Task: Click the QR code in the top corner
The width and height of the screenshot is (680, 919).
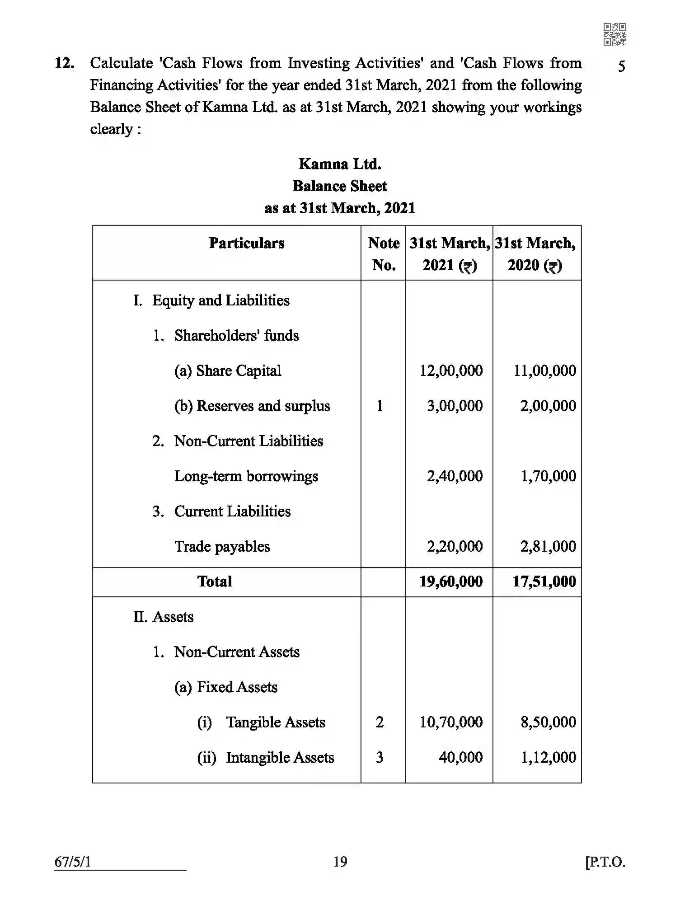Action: pyautogui.click(x=614, y=34)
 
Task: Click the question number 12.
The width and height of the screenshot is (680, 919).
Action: pyautogui.click(x=64, y=63)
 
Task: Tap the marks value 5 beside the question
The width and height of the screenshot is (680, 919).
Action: pyautogui.click(x=622, y=67)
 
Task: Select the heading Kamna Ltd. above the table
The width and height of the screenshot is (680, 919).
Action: pyautogui.click(x=340, y=164)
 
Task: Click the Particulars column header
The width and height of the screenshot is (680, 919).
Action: pyautogui.click(x=247, y=243)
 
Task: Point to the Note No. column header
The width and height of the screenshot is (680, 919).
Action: pyautogui.click(x=384, y=253)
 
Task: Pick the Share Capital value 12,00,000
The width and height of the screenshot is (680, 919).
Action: pyautogui.click(x=451, y=371)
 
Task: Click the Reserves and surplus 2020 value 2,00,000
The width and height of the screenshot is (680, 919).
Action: pyautogui.click(x=548, y=406)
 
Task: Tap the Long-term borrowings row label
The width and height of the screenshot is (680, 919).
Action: pyautogui.click(x=246, y=476)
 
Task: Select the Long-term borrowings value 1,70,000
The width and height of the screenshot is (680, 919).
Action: pyautogui.click(x=549, y=476)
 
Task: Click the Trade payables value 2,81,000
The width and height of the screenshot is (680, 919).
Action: pyautogui.click(x=548, y=547)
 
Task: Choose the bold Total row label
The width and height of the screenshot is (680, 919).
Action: pyautogui.click(x=215, y=581)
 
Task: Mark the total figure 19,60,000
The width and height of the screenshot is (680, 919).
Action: pyautogui.click(x=451, y=581)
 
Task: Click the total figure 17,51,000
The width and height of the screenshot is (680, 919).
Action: pyautogui.click(x=544, y=581)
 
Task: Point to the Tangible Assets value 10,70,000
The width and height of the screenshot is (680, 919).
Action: pyautogui.click(x=451, y=722)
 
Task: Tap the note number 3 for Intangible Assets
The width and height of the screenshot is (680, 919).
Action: pyautogui.click(x=380, y=757)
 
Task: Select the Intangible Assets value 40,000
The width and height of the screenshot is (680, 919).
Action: pyautogui.click(x=460, y=757)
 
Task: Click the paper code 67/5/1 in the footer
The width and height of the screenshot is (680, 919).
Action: pyautogui.click(x=73, y=862)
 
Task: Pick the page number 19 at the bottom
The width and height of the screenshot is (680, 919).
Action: pyautogui.click(x=340, y=862)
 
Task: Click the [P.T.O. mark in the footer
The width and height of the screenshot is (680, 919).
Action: pyautogui.click(x=605, y=862)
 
